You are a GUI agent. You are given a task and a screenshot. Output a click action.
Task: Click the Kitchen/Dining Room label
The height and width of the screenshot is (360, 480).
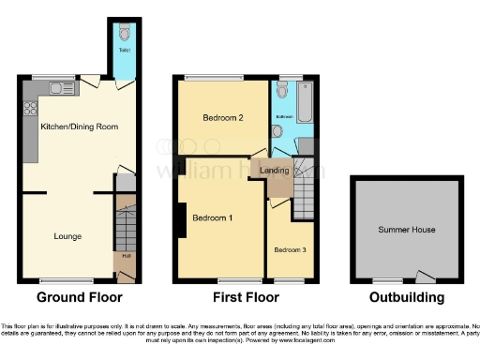coord(80,126)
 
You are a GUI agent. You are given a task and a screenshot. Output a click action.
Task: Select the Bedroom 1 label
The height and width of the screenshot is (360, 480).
coord(213,217)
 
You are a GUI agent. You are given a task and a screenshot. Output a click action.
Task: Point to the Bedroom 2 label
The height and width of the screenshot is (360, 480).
coord(224,118)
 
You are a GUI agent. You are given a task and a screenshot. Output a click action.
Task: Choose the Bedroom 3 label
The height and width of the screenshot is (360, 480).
coord(289,249)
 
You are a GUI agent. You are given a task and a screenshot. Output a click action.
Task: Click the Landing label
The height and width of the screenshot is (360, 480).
coord(274,170)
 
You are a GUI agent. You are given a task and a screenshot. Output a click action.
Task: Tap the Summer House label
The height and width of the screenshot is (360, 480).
coord(407,229)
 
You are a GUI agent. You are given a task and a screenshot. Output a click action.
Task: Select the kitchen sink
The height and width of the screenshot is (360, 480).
coord(63,89)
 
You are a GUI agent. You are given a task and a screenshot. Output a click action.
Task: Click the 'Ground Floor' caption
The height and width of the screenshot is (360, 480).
coord(79,298)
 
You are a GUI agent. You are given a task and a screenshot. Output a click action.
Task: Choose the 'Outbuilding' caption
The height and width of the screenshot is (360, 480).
coord(405,298)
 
